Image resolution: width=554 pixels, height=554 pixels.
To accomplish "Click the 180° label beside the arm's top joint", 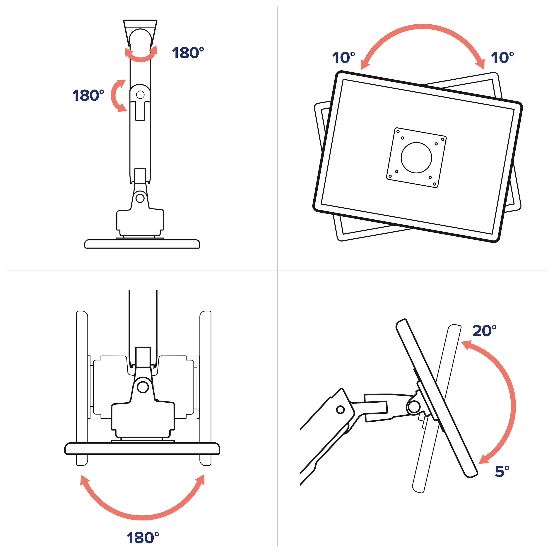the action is (188, 53).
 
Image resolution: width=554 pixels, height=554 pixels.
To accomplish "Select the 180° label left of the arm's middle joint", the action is (88, 95).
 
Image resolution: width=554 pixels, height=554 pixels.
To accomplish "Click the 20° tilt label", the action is (485, 331).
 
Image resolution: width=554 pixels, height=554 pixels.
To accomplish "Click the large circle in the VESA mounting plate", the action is (416, 158).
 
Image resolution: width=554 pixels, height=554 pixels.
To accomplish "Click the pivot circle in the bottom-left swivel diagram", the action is (142, 387).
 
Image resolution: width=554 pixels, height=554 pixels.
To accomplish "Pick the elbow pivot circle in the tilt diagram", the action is (340, 409).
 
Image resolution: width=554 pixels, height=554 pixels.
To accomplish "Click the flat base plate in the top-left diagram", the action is (142, 244).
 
